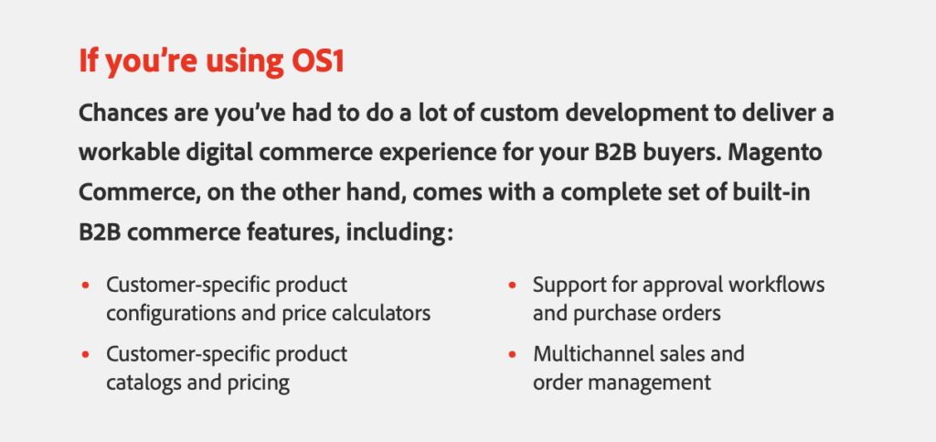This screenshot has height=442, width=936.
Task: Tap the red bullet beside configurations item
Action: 85,286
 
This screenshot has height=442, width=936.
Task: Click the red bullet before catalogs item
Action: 85,355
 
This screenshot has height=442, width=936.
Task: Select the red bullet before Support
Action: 512,286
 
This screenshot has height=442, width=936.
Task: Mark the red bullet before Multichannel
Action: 512,355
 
